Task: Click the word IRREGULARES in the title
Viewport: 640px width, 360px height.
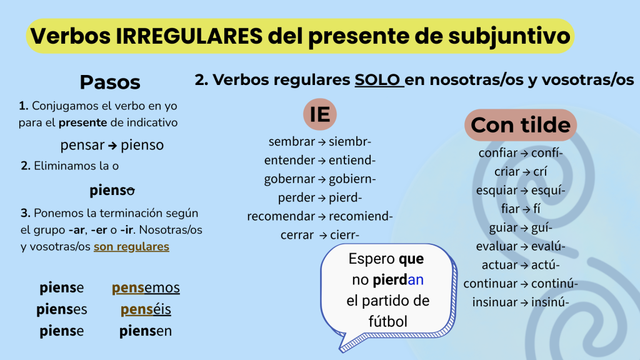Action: coord(189,36)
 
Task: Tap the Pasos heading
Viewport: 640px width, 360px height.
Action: coord(110,82)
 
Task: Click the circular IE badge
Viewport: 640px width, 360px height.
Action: coord(320,114)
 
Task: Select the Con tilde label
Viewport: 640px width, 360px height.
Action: coord(521,125)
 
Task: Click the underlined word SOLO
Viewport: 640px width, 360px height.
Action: coord(377,79)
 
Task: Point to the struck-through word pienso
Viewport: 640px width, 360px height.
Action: coord(112,190)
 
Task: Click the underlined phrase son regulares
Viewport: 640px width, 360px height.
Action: coord(131,246)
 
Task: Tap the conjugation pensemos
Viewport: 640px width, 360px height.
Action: coord(146,287)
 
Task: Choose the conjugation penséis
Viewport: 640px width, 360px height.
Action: coord(146,309)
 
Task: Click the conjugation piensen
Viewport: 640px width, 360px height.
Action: coord(145,331)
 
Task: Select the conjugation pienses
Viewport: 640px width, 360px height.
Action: coord(62,309)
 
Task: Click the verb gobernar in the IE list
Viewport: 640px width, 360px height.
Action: coord(289,179)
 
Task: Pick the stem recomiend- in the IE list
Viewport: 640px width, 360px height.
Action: coord(361,216)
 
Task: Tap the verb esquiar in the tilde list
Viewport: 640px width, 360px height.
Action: coord(496,191)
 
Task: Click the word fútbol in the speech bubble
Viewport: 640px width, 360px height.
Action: coord(387,321)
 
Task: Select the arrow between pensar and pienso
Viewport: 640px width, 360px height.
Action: coord(112,146)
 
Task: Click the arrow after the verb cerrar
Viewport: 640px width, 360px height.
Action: coord(323,236)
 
